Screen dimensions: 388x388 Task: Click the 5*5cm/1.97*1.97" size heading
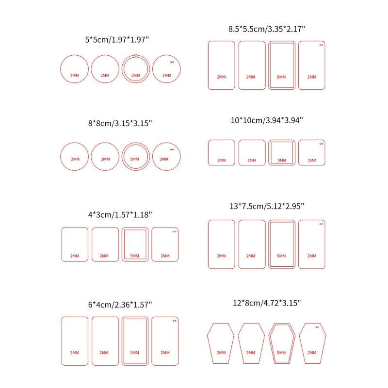(117, 40)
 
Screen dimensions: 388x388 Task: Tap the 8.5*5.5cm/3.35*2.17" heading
(266, 29)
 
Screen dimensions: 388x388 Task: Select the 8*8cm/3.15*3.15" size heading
(120, 123)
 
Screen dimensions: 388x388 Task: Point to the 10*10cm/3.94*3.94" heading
(267, 120)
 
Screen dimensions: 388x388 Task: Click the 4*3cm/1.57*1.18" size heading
(120, 214)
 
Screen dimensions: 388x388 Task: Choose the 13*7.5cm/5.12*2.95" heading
(267, 206)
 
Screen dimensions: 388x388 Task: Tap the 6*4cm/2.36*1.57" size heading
(120, 305)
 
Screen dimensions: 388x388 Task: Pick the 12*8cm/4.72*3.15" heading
(267, 303)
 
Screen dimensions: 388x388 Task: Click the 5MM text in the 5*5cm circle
(136, 75)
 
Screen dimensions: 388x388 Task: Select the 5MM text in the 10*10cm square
(282, 161)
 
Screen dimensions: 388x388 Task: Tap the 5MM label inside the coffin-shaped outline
(281, 353)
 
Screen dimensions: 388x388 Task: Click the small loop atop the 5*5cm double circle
(136, 55)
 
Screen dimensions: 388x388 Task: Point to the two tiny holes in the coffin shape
(317, 327)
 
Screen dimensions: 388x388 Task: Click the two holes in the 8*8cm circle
(172, 149)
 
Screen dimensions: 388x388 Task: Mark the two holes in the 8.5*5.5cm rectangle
(321, 45)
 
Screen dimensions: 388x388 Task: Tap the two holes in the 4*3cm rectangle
(175, 232)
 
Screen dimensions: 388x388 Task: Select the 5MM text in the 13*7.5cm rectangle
(281, 256)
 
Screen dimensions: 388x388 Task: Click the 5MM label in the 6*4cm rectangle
(135, 353)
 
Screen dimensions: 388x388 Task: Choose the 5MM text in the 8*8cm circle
(135, 159)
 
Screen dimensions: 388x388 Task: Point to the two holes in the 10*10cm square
(321, 144)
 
